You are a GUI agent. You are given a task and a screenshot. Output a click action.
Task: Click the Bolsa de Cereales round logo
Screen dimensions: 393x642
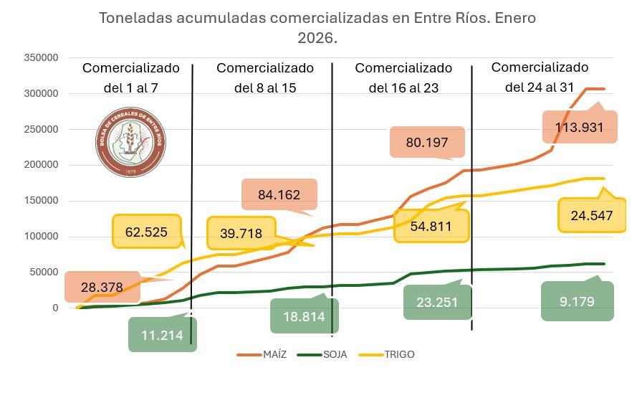(x=130, y=141)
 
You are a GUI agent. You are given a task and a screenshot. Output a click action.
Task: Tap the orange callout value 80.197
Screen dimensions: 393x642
(x=428, y=142)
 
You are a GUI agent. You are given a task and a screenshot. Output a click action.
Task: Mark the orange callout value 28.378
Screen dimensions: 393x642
(x=102, y=287)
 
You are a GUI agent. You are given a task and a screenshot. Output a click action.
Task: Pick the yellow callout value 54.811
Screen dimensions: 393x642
(x=432, y=226)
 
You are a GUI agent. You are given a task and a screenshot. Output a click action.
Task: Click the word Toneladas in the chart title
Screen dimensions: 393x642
(x=132, y=17)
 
